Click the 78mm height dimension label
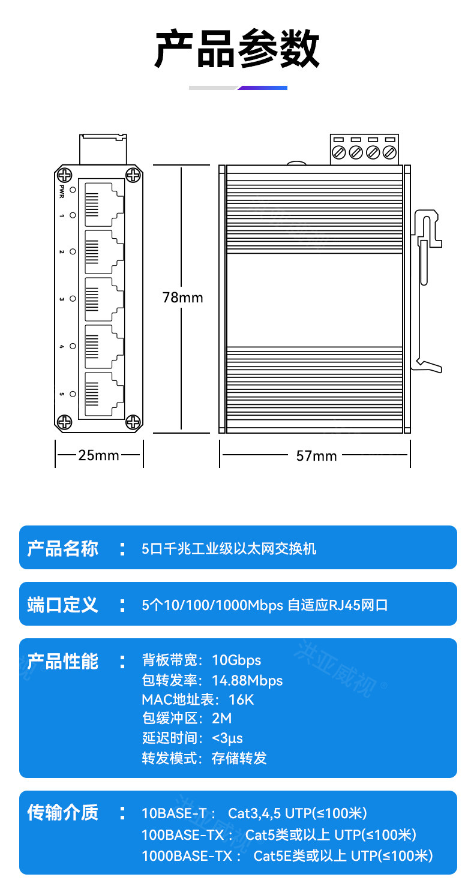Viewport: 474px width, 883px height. (x=182, y=298)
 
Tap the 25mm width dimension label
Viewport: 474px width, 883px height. (x=99, y=455)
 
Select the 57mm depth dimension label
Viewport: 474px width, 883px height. (x=316, y=456)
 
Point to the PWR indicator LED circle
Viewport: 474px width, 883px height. (x=73, y=190)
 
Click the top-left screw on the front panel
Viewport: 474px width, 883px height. (x=64, y=175)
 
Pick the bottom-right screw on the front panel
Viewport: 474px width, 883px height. (x=133, y=423)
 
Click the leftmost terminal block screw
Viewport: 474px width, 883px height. (x=338, y=152)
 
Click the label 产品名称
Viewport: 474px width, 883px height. (x=62, y=548)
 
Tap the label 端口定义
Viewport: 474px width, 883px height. (x=62, y=605)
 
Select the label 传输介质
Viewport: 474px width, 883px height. (x=62, y=813)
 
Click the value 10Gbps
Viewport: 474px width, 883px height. (x=236, y=660)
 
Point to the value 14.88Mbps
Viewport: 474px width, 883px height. (x=247, y=680)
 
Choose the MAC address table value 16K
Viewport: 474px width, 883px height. (x=241, y=699)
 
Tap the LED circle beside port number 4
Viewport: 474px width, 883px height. (x=73, y=346)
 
